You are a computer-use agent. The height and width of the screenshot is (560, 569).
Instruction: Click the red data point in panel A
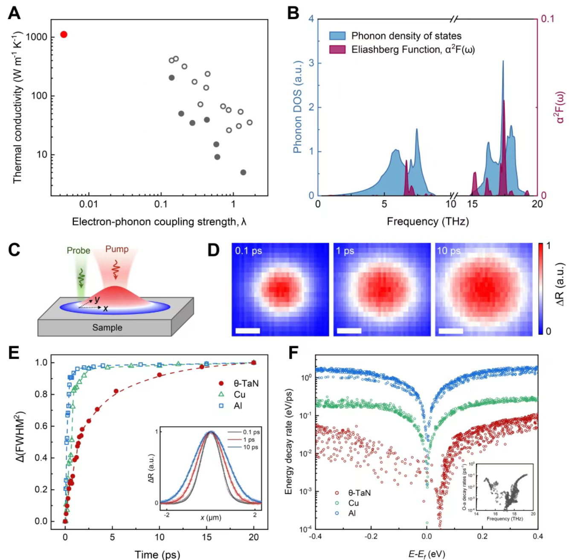click(64, 35)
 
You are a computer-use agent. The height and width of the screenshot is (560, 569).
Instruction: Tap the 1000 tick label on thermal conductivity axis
click(36, 37)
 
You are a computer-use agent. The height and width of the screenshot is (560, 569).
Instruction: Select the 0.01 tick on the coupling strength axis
click(88, 204)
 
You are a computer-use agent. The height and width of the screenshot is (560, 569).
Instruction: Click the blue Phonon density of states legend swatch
click(337, 36)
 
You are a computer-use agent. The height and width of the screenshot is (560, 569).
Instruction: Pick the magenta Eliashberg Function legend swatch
click(337, 49)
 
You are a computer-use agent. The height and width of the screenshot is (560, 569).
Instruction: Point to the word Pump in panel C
click(116, 249)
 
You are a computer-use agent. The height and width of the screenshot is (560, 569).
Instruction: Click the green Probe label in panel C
click(78, 251)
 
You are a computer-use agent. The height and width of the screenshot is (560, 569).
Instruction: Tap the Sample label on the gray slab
click(107, 327)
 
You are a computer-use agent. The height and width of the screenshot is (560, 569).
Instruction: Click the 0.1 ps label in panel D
click(248, 251)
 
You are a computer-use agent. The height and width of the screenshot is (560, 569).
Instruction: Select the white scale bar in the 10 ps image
click(451, 331)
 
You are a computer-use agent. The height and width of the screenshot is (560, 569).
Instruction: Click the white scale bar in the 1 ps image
click(349, 331)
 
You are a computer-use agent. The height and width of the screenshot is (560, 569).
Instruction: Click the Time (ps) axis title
click(157, 554)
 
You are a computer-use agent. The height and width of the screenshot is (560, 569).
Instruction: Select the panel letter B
click(293, 14)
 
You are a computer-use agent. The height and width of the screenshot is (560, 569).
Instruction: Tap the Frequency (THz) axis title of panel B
click(427, 222)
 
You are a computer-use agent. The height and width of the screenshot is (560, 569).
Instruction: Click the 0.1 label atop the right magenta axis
click(548, 19)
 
